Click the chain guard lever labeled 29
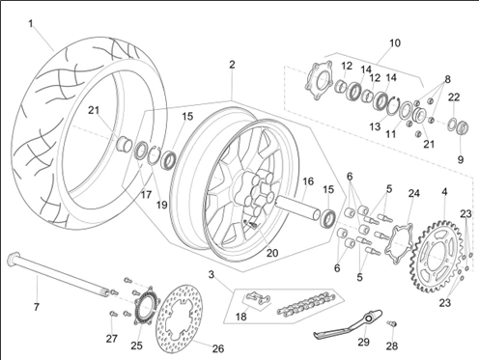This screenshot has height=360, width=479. [x=348, y=324]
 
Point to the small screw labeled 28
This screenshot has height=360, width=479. [x=392, y=323]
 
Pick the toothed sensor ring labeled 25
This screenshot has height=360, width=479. [x=143, y=305]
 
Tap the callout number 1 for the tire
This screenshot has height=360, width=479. [x=31, y=24]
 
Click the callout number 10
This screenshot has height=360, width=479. [x=395, y=42]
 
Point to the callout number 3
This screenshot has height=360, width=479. [x=211, y=274]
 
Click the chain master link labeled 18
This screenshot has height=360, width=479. [x=259, y=297]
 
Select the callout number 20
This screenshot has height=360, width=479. [x=272, y=253]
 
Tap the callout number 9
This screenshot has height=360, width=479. [x=461, y=159]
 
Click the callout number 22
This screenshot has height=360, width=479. [x=454, y=97]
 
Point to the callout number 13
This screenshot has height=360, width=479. [x=375, y=126]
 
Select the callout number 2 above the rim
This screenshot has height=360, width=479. [x=232, y=65]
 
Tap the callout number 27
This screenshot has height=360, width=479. [x=111, y=339]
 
